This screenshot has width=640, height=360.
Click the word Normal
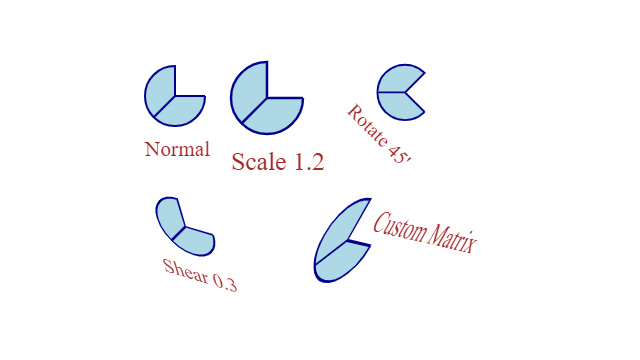point(177,150)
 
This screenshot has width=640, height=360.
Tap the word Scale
point(255,162)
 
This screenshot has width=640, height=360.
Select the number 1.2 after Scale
point(304,162)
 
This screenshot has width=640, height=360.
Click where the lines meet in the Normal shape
point(175,96)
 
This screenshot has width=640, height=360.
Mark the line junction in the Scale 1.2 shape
point(267,98)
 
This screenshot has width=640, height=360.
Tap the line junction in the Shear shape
point(184,227)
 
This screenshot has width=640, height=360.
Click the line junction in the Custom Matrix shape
point(348,242)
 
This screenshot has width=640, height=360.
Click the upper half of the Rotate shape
point(398,80)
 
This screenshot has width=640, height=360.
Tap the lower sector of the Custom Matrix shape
point(338,264)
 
